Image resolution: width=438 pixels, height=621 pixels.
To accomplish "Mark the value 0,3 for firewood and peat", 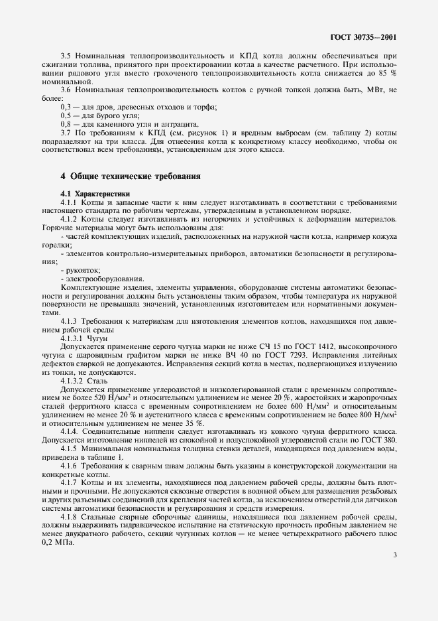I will pyautogui.click(x=66, y=106).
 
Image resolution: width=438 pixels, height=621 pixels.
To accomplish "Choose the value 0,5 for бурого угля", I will pyautogui.click(x=66, y=115).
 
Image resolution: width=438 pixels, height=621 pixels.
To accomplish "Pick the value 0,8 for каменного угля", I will pyautogui.click(x=66, y=123).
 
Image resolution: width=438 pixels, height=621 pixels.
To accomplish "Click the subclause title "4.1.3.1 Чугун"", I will pyautogui.click(x=79, y=337).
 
